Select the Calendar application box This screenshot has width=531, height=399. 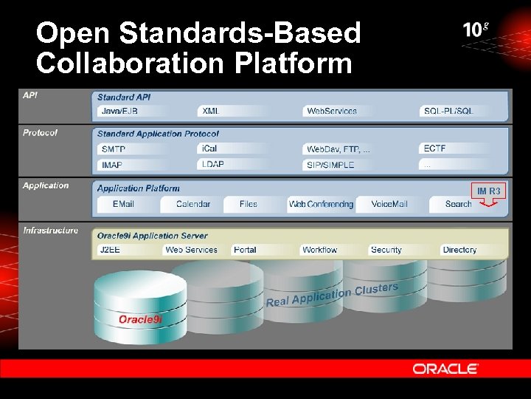tap(193, 204)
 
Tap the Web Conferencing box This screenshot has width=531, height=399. tap(321, 204)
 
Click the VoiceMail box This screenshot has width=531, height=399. tap(389, 204)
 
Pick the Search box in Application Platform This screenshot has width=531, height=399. tap(459, 204)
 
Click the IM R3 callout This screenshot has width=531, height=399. tap(488, 192)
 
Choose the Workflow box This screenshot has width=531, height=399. tap(331, 250)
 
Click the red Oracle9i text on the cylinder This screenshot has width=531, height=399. tap(140, 319)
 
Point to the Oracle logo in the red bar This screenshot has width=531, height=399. tap(445, 368)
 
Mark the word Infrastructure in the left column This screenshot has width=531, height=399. tap(50, 231)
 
